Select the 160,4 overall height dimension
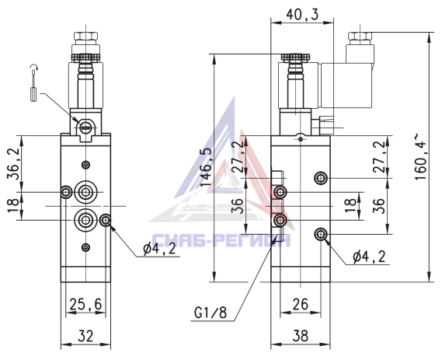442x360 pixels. [420, 157]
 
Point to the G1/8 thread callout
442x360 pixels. [211, 313]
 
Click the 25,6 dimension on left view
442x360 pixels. [85, 304]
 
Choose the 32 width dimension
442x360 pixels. [85, 336]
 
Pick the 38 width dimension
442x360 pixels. [301, 336]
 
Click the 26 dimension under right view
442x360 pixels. [301, 304]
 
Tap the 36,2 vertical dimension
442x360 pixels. [13, 163]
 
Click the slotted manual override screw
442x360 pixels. [85, 128]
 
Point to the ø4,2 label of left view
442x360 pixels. [159, 249]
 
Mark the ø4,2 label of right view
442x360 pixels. [369, 257]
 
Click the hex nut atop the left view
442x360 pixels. [85, 36]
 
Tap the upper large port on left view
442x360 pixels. [85, 192]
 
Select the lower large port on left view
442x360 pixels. [85, 220]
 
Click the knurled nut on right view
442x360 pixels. [295, 57]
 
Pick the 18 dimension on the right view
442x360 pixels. [350, 203]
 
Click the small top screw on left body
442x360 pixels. [85, 165]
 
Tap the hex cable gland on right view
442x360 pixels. [360, 36]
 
